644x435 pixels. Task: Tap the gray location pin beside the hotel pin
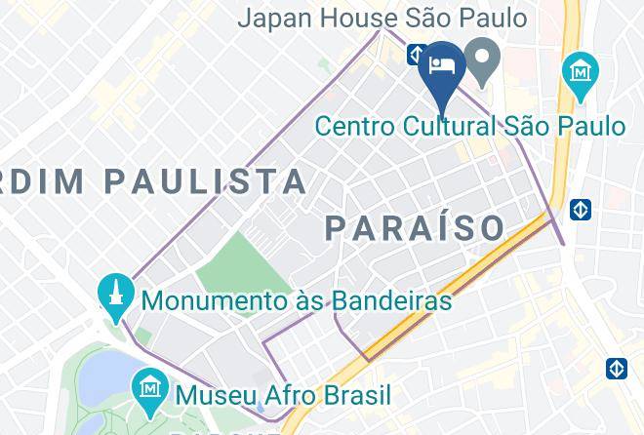(x=481, y=61)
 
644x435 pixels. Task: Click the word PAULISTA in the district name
(x=204, y=180)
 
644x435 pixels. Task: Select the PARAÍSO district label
(x=415, y=227)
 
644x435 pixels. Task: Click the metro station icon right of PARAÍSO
(x=581, y=209)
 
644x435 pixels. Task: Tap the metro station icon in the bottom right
(x=616, y=369)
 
